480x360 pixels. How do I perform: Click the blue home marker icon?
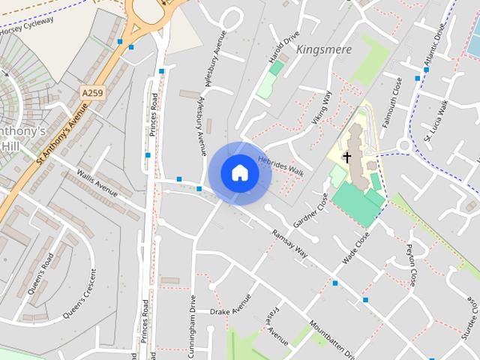239,172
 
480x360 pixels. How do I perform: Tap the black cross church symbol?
346,157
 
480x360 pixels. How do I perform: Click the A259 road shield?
91,92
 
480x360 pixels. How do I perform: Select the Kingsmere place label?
323,49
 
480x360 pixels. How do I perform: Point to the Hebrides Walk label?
280,166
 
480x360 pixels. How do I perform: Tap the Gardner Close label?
311,211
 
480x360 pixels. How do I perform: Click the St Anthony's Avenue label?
62,132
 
